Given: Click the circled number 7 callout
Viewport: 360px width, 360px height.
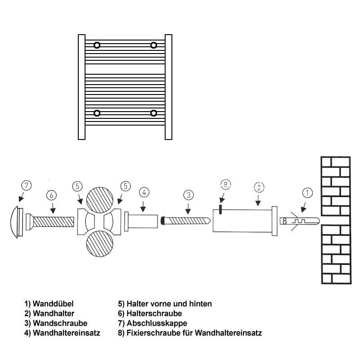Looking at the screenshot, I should (27, 185).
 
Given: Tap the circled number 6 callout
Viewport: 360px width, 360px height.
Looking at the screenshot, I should (52, 195).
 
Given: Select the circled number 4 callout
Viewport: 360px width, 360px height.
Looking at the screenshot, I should (144, 192).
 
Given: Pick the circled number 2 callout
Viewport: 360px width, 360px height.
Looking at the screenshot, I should (259, 187).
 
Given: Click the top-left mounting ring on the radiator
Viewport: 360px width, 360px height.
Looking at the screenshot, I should (97, 45).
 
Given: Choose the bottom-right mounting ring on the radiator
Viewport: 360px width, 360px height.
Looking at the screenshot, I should (154, 112).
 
